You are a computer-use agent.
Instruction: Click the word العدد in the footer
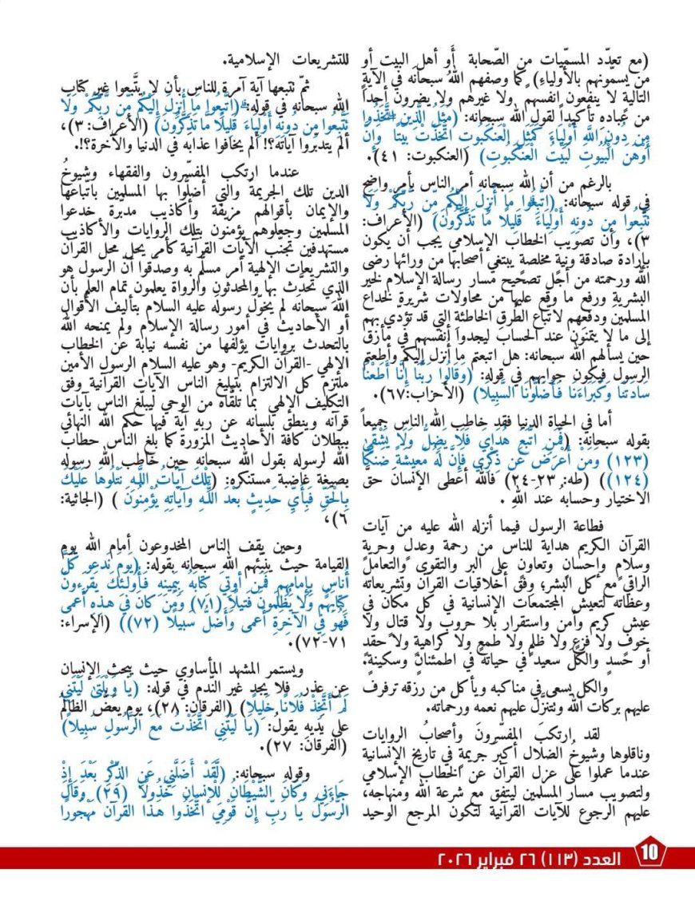coord(603,859)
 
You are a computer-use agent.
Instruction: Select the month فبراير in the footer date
coord(489,859)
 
